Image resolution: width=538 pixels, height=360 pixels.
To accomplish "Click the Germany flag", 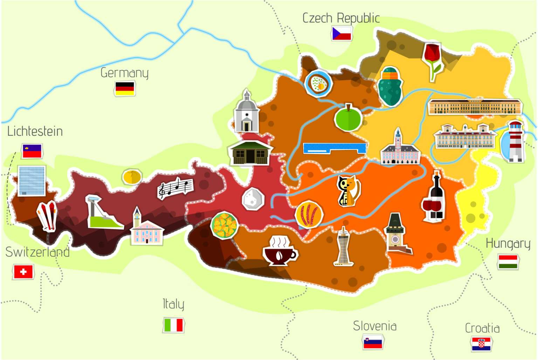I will pos(125,89).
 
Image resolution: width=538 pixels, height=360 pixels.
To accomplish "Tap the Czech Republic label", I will pos(341,18).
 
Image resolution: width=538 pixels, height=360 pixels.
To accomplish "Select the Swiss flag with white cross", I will pos(23,272).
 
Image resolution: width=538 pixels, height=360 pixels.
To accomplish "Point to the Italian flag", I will pos(173,325).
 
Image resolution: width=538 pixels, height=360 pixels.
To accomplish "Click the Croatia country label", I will pos(482,328).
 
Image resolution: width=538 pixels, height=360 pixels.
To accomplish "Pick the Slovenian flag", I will pos(373,342).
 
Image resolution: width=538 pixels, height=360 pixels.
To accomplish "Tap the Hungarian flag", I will pos(508,262).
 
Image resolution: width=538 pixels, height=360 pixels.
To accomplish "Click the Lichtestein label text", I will pos(35,131).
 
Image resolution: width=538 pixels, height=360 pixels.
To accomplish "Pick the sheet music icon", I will pos(175,188).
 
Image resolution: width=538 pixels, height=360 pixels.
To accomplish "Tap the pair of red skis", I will pos(47,215).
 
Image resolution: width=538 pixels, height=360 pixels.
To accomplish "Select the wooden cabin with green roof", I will pos(249,152).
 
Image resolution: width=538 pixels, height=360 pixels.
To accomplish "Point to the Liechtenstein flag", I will pos(32,151).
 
